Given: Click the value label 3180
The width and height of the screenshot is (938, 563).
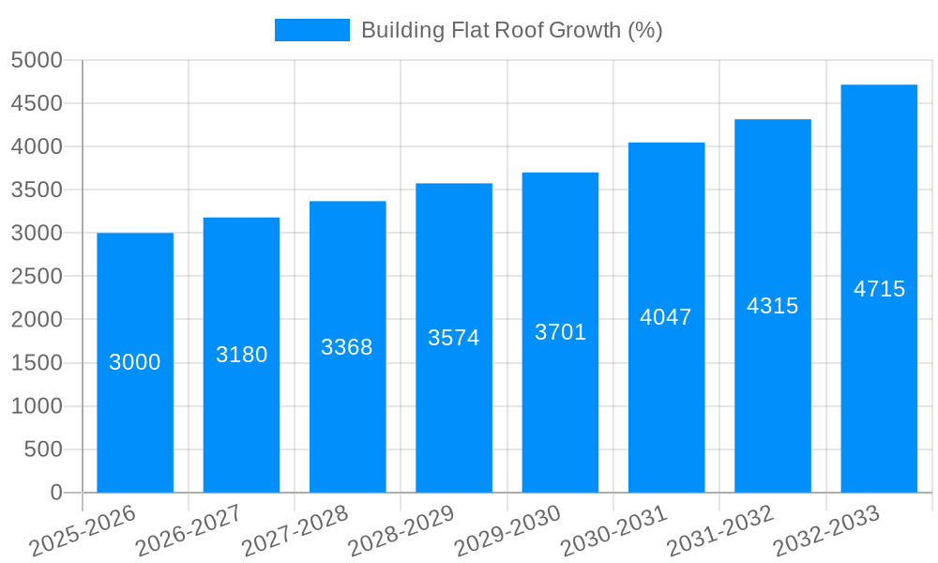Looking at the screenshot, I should click(241, 355).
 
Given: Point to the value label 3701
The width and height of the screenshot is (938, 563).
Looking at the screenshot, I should click(560, 332).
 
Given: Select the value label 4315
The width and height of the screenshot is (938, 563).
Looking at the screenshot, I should click(772, 306).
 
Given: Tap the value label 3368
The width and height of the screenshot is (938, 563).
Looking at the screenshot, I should click(347, 347).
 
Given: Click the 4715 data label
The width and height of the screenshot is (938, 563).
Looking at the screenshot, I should click(879, 289).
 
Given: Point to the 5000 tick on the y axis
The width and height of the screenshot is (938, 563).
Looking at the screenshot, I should click(37, 60).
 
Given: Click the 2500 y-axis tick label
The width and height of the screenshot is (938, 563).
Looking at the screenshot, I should click(37, 277).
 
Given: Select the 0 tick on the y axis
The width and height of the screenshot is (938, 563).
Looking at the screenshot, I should click(55, 493).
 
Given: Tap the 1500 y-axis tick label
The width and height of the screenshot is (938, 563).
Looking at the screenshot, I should click(37, 363).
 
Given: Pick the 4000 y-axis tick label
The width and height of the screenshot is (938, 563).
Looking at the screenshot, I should click(37, 146).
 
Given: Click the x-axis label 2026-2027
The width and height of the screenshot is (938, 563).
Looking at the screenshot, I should click(189, 532).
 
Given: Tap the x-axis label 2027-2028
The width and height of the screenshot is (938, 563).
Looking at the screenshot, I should click(295, 532).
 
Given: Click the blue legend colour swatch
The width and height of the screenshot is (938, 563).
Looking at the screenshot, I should click(311, 30).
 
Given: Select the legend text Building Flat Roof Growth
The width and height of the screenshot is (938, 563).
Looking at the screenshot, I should click(511, 30).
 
